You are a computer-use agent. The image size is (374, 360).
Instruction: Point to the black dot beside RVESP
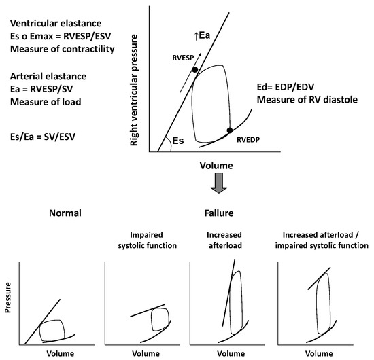click(194, 69)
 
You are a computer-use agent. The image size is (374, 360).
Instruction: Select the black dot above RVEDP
click(230, 130)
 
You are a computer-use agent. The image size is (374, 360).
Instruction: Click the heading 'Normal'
click(65, 213)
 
